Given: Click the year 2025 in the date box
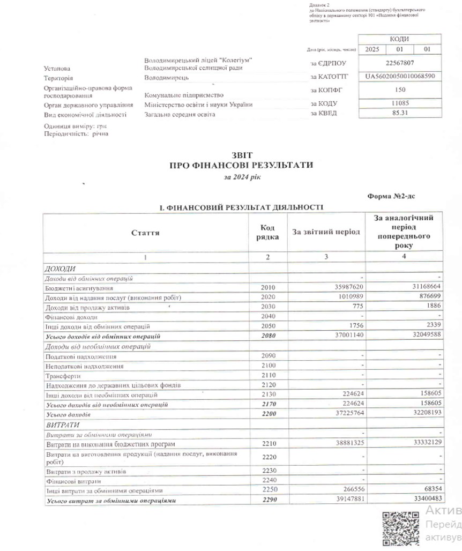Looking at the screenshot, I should [x=371, y=49].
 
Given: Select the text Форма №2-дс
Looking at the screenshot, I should [x=391, y=196].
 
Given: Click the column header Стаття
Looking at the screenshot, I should [x=145, y=232].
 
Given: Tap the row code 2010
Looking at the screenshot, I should [x=267, y=288].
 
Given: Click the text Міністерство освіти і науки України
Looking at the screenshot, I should [x=198, y=105].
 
